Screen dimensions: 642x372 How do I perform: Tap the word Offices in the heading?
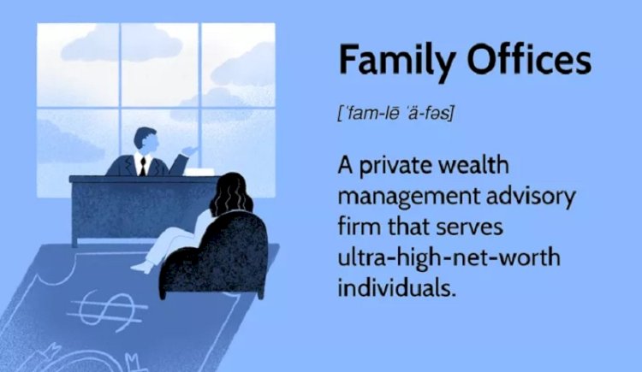[529, 59]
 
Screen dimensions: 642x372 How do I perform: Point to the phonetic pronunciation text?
[396, 114]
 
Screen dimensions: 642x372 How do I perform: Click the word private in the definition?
[395, 166]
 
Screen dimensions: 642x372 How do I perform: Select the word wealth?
[473, 164]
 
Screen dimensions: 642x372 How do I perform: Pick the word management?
[408, 198]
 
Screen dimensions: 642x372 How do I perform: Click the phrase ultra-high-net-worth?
[449, 257]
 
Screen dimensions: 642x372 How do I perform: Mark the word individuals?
[396, 287]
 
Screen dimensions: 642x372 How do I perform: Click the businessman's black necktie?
[142, 166]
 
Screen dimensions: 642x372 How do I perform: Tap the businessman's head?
[146, 140]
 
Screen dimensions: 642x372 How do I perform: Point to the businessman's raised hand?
[189, 151]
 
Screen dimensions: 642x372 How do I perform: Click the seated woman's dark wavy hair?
[231, 193]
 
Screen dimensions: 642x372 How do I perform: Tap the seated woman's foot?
[141, 268]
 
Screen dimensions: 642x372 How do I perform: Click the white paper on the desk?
[199, 172]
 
